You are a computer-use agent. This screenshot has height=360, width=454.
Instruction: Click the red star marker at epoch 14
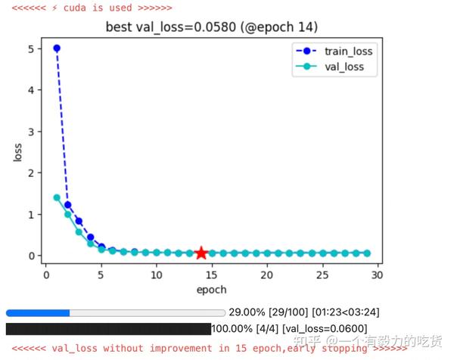click(201, 253)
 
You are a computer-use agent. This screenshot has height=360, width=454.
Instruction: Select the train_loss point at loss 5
click(57, 48)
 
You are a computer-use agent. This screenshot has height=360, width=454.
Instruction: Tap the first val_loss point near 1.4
click(57, 197)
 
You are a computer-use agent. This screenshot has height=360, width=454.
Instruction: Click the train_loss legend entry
click(334, 51)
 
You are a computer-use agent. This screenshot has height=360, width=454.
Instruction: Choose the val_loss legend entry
click(330, 67)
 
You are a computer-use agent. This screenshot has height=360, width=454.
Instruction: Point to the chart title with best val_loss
click(212, 27)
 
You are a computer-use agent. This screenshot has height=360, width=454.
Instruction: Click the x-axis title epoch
click(211, 290)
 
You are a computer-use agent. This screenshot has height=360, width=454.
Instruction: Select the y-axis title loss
click(17, 152)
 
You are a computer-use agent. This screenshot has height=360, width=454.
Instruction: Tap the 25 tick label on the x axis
click(322, 275)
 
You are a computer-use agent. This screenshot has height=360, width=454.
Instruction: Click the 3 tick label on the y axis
click(31, 132)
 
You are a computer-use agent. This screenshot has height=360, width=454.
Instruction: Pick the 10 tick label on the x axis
click(157, 275)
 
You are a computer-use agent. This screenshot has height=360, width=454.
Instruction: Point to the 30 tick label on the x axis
click(377, 275)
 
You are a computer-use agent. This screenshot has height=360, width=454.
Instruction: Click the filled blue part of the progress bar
click(38, 313)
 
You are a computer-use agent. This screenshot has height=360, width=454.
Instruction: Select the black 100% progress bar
click(108, 329)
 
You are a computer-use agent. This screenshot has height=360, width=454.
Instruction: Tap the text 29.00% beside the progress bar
click(247, 312)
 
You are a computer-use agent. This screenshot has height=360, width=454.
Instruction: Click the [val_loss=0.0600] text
click(325, 329)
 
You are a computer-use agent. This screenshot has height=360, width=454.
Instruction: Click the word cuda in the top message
click(75, 8)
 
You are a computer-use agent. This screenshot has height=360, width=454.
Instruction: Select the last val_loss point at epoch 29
click(367, 253)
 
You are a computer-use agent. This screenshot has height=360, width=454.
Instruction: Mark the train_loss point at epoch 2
click(68, 205)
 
